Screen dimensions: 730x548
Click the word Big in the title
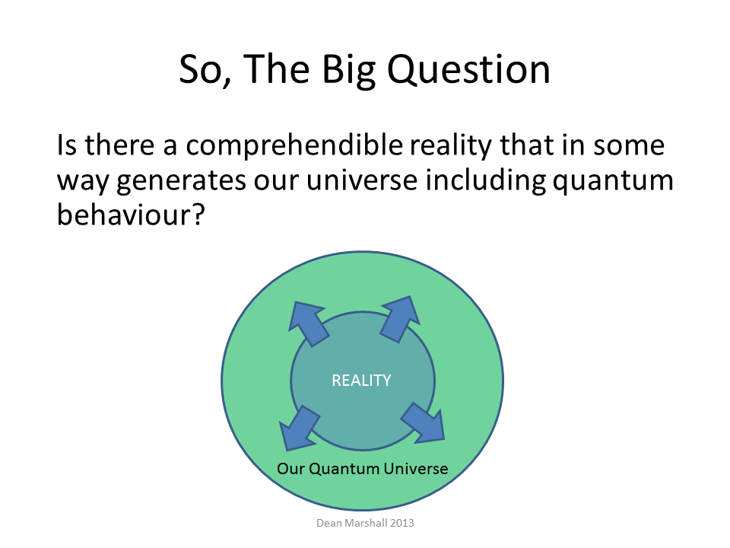[349, 71]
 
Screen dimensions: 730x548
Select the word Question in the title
[469, 70]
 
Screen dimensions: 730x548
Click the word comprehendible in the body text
[294, 145]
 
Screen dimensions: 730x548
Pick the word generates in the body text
[181, 182]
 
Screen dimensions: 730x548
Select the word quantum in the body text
[613, 182]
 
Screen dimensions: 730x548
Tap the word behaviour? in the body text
[131, 215]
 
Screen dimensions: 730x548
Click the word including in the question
[486, 181]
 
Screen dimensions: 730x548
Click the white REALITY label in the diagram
[361, 381]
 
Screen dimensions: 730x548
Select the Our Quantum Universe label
[362, 468]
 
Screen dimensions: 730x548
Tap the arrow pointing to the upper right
[400, 319]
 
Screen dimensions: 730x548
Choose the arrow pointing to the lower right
[424, 422]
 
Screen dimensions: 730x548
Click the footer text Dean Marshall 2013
[365, 523]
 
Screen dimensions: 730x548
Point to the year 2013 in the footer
[402, 523]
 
